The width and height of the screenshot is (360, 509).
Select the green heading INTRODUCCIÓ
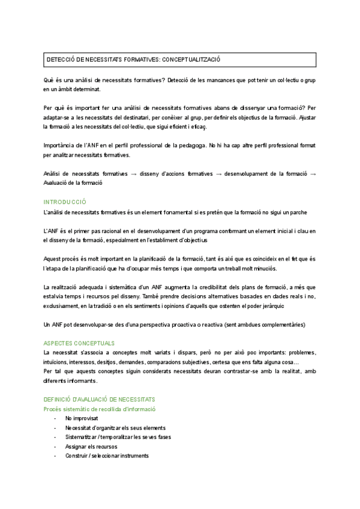(65, 202)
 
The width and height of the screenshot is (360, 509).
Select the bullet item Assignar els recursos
(92, 447)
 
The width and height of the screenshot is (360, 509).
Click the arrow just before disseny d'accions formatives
(134, 174)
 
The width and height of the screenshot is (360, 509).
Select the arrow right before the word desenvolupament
(219, 174)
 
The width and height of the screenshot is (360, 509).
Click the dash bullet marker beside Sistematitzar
(56, 437)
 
